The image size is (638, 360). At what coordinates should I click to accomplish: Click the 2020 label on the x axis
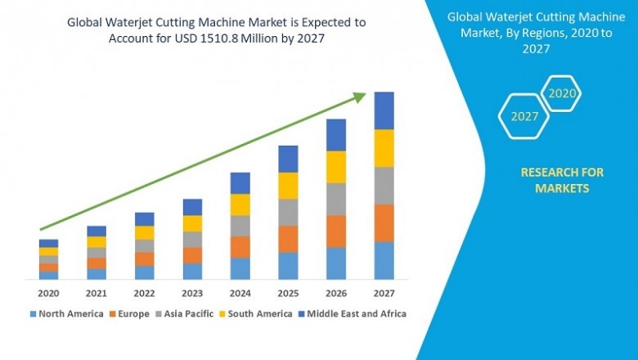(x=48, y=293)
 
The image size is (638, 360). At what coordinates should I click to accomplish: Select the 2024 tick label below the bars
(x=240, y=293)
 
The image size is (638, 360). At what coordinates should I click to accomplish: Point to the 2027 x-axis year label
(x=384, y=293)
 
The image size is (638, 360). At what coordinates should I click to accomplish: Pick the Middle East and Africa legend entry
(x=356, y=313)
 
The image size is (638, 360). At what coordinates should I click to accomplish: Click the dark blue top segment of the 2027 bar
(x=384, y=110)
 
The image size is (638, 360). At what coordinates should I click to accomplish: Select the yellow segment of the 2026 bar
(x=335, y=167)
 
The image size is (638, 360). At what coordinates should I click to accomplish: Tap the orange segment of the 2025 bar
(x=288, y=239)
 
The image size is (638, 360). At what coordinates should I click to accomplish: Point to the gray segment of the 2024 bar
(x=240, y=226)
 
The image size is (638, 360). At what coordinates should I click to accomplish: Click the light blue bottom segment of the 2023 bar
(x=192, y=271)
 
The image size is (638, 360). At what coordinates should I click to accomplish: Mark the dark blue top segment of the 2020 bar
(x=48, y=243)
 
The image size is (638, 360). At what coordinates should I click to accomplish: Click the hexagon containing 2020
(x=562, y=93)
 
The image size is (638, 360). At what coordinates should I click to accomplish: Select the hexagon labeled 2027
(x=524, y=116)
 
